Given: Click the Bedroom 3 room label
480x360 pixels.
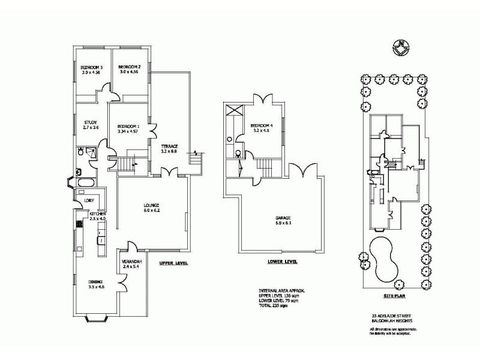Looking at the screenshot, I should [x=92, y=67].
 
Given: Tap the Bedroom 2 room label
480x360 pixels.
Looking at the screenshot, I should [x=129, y=67].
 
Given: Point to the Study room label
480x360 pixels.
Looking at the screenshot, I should [x=91, y=124].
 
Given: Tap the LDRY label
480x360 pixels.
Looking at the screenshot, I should [x=89, y=200].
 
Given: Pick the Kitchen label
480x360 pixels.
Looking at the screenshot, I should [x=98, y=214].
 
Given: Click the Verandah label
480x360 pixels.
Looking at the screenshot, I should [x=132, y=262].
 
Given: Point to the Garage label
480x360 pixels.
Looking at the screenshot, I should [x=283, y=218].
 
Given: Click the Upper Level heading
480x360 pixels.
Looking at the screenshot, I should [x=174, y=263].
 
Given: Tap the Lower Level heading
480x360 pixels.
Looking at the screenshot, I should [x=283, y=262].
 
